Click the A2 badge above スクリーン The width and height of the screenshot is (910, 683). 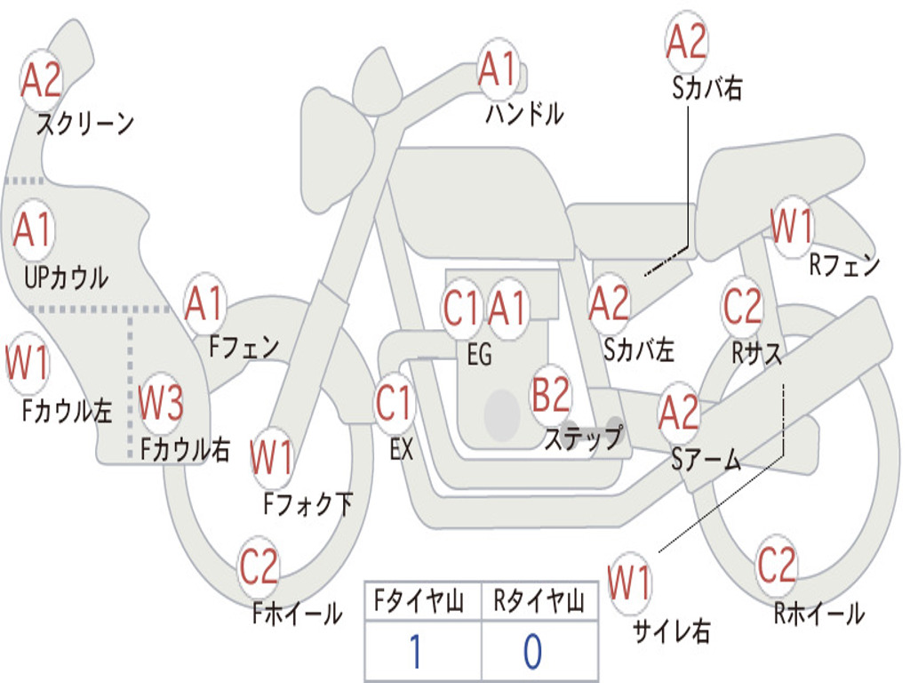41,80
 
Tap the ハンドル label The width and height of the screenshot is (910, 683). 524,113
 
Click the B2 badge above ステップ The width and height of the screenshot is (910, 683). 551,394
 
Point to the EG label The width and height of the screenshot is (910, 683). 479,354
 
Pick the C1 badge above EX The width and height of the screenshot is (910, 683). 395,403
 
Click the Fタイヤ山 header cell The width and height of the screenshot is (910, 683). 423,601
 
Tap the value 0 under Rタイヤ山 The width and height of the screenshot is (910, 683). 533,651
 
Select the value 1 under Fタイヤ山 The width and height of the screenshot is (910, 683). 416,651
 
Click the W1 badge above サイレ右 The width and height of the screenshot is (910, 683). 630,583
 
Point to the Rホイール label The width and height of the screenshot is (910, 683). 818,614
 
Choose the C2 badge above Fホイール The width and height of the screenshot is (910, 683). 259,566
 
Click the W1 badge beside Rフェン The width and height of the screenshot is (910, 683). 792,226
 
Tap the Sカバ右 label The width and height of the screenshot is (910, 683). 707,88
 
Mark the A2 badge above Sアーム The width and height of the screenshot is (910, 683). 678,412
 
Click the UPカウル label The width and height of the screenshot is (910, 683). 66,277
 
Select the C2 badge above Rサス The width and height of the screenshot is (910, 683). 742,306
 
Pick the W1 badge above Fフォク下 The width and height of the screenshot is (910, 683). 272,457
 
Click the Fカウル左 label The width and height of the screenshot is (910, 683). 67,411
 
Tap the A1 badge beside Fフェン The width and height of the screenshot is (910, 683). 204,303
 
